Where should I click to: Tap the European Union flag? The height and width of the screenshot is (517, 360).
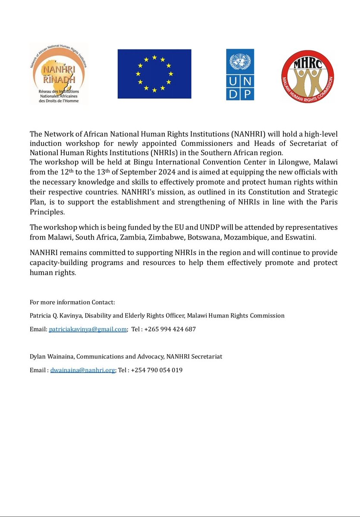coord(154,74)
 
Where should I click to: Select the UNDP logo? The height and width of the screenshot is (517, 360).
coord(240,75)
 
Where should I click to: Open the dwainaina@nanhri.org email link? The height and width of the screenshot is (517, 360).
coord(83,370)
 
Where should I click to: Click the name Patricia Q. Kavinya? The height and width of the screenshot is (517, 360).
coord(52,315)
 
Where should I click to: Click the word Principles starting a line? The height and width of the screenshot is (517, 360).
coord(46,213)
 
